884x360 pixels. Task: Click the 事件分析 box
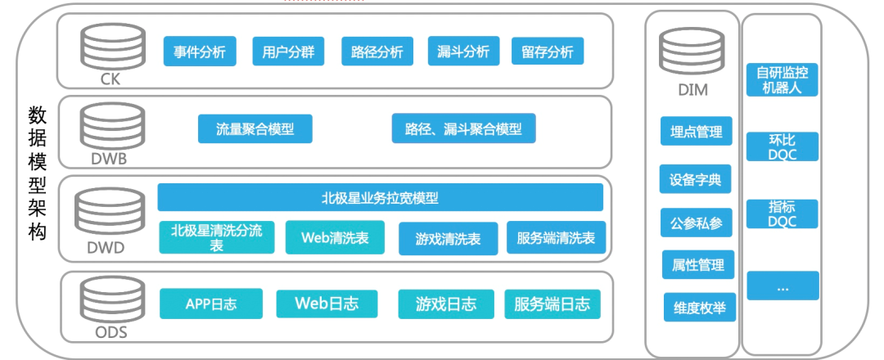click(200, 52)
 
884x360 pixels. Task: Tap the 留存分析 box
click(547, 52)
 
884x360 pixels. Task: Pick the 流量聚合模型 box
click(255, 128)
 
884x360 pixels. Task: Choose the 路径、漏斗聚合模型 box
click(463, 128)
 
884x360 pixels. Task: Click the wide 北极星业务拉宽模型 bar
click(380, 197)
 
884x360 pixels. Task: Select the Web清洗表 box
click(334, 237)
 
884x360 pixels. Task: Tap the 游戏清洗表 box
click(447, 239)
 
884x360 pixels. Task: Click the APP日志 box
click(211, 304)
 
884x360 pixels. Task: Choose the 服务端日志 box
click(552, 304)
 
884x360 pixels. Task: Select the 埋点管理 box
click(696, 132)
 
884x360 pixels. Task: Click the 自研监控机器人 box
click(783, 80)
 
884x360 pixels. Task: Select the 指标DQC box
click(783, 214)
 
